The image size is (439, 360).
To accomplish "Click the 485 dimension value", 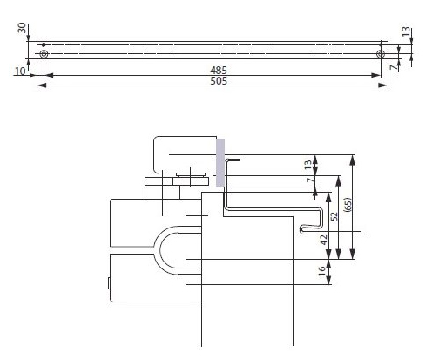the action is [219, 70].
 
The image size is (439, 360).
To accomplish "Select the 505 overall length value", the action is [219, 80].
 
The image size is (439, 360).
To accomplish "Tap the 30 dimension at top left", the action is [22, 28].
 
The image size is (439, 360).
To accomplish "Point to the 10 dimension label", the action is [20, 71].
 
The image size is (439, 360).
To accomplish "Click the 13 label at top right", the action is [407, 31].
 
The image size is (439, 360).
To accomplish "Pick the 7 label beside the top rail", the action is [394, 67].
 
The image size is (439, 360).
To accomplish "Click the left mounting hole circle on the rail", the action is [44, 54].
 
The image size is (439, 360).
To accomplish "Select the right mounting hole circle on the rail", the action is [381, 54].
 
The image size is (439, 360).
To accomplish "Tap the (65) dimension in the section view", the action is [348, 205].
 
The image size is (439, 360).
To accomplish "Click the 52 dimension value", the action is [334, 216].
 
